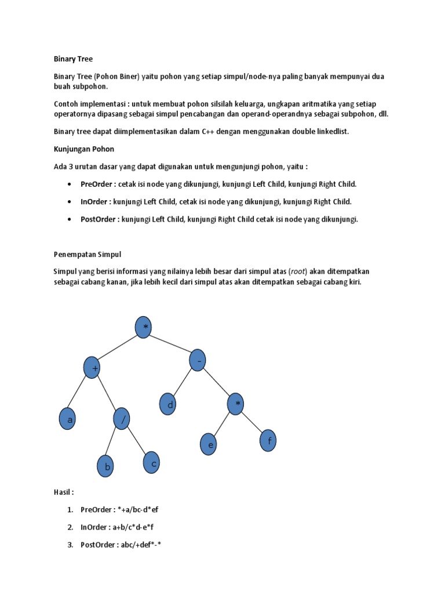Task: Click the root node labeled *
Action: pyautogui.click(x=144, y=328)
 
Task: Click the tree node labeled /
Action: pyautogui.click(x=122, y=419)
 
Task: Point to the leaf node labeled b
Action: pyautogui.click(x=105, y=466)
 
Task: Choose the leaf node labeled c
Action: pyautogui.click(x=151, y=462)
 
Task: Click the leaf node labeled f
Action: pyautogui.click(x=268, y=440)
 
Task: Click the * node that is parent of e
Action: pyautogui.click(x=235, y=404)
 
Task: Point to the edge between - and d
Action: pyautogui.click(x=184, y=382)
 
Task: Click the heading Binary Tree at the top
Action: pyautogui.click(x=73, y=59)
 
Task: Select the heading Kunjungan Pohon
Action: pyautogui.click(x=83, y=149)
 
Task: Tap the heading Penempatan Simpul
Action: pyautogui.click(x=87, y=254)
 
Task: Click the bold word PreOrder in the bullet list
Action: pyautogui.click(x=97, y=184)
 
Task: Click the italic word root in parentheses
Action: pyautogui.click(x=298, y=271)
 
